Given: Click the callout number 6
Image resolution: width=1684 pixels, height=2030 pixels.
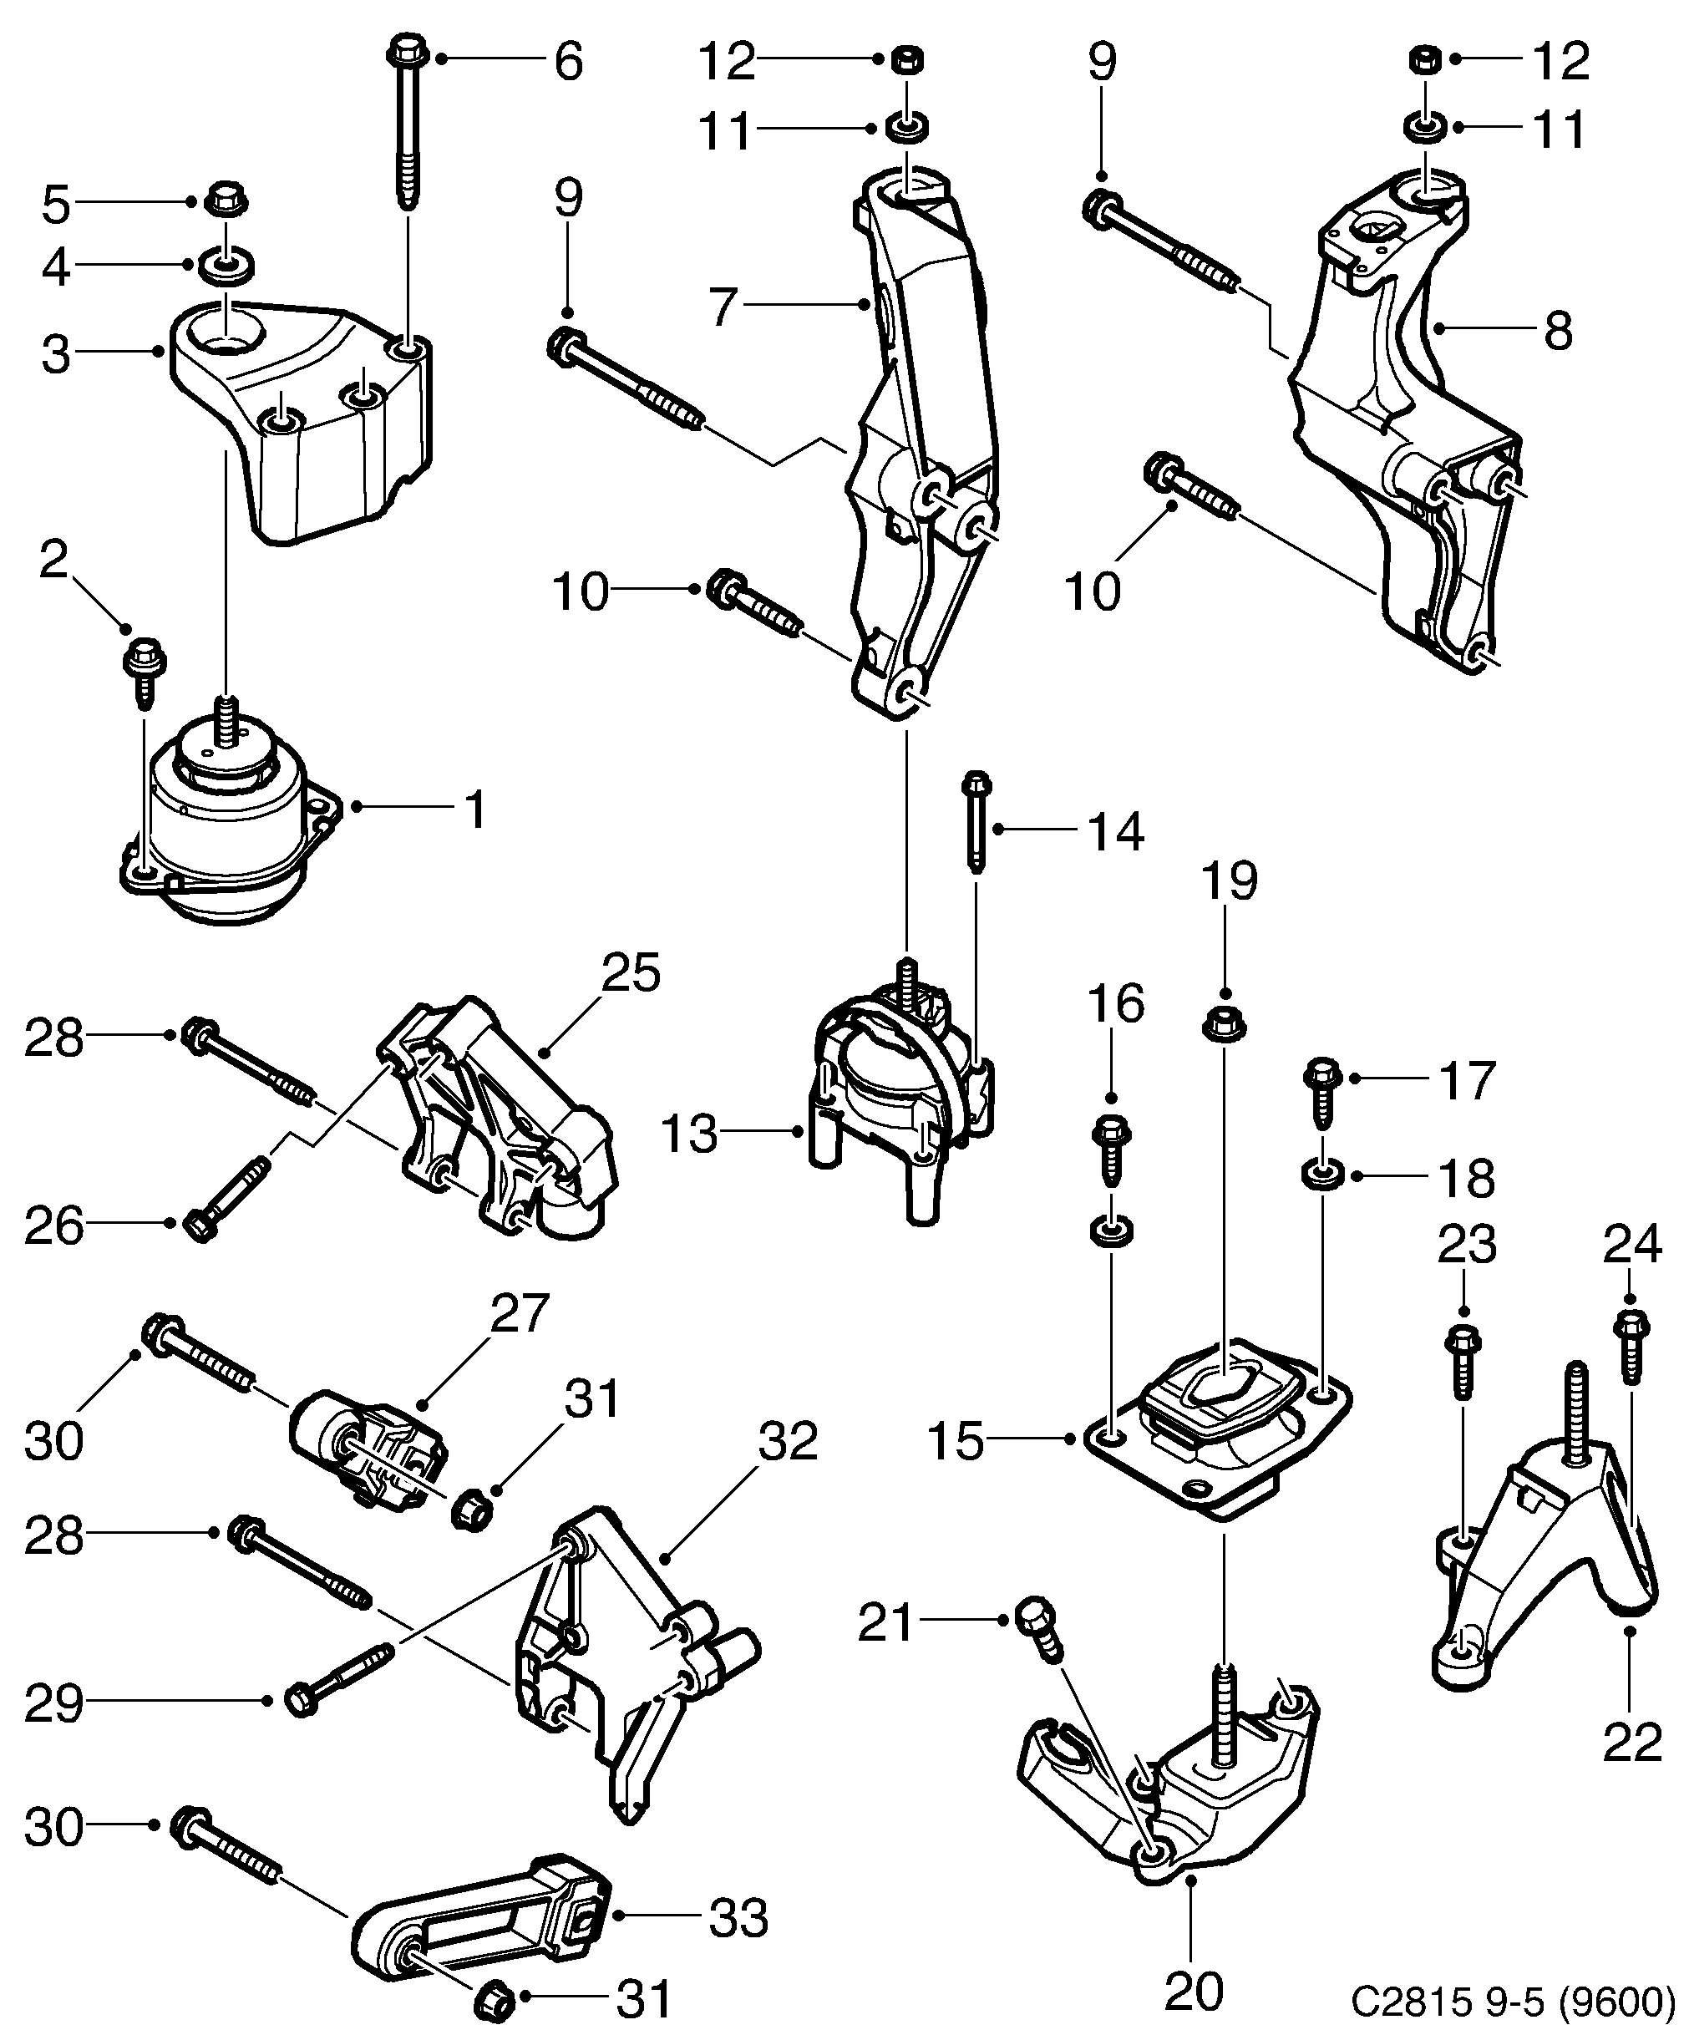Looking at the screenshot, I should [x=568, y=61].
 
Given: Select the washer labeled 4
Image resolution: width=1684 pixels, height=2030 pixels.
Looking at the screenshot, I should [x=227, y=264].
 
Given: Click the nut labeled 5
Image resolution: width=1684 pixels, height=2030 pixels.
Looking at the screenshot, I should [x=226, y=201].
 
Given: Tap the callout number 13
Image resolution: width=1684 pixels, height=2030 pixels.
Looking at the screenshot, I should [x=689, y=1133].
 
